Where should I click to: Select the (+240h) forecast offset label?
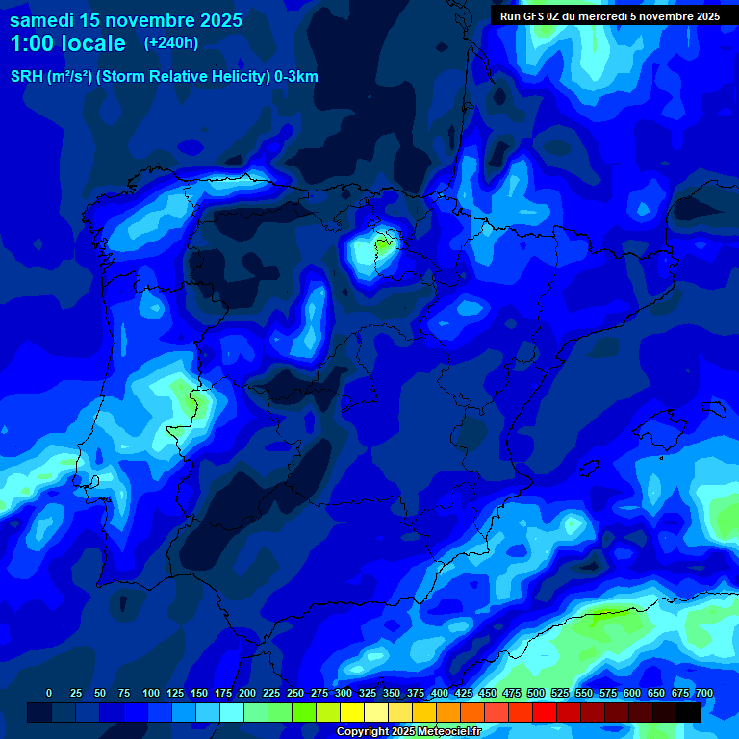(x=170, y=43)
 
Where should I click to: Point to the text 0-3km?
(x=295, y=77)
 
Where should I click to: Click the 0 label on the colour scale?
(x=49, y=694)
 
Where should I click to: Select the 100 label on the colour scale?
(x=151, y=694)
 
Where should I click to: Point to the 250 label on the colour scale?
(x=295, y=694)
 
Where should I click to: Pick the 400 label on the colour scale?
(x=440, y=694)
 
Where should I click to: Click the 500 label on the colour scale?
(x=536, y=694)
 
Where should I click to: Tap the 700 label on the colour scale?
(x=704, y=694)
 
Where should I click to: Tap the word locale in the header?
(x=92, y=43)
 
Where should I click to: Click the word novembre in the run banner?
(x=673, y=16)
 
